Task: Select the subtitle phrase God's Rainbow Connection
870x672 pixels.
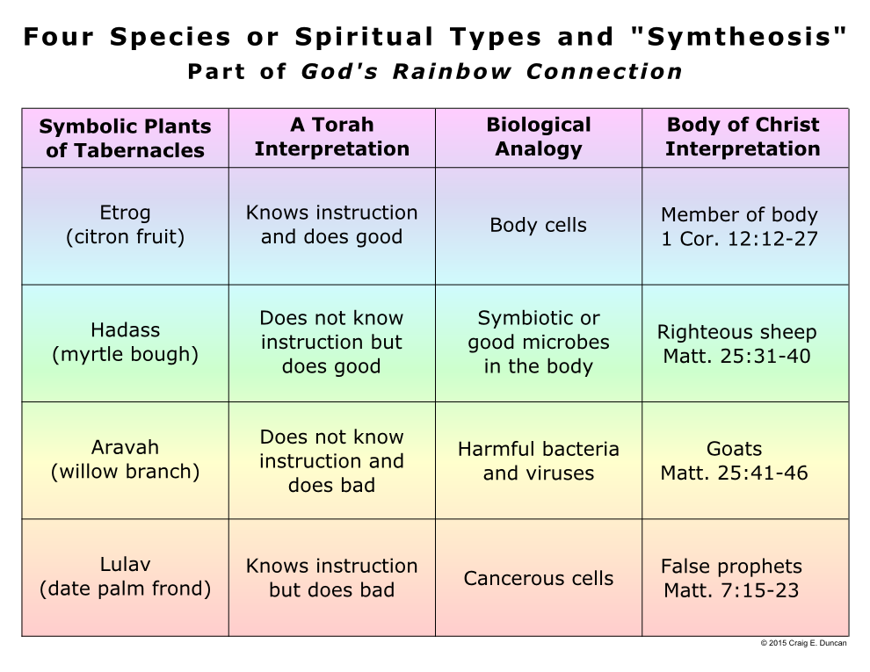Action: tap(491, 71)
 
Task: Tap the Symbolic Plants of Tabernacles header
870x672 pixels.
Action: tap(126, 138)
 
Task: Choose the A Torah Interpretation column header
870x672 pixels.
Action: tap(332, 136)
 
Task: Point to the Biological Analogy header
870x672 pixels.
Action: tap(539, 136)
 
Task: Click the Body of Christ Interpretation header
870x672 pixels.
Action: tap(743, 136)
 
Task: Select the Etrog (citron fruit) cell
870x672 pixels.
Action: tap(126, 225)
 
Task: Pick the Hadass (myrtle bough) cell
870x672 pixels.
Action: tap(126, 342)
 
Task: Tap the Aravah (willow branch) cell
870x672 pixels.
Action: tap(126, 459)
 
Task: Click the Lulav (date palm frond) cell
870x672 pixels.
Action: tap(126, 576)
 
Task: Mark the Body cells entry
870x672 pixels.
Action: tap(538, 225)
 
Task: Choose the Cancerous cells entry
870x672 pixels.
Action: tap(539, 578)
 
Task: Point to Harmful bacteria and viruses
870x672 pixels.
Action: tap(539, 461)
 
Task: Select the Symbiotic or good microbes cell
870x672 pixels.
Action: tap(539, 342)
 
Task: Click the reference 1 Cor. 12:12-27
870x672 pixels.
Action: tap(740, 238)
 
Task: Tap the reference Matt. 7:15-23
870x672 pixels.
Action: tap(731, 590)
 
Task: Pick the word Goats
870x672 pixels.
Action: tap(734, 448)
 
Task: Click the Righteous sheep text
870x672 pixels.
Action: tap(736, 331)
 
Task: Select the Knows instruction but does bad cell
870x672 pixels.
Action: tap(332, 578)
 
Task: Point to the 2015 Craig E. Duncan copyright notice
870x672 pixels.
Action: tap(803, 643)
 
